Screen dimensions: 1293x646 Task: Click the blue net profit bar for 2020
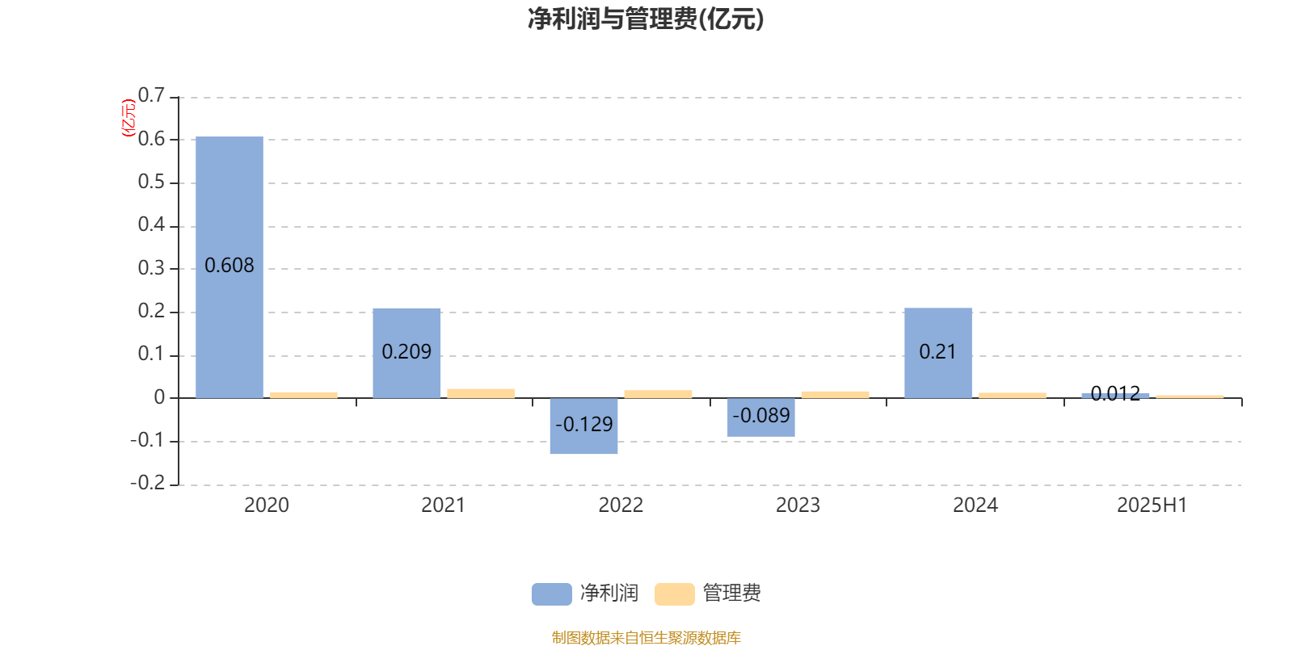tap(230, 267)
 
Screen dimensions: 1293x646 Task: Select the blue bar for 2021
tap(406, 353)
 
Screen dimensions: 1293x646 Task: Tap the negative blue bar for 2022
tap(583, 426)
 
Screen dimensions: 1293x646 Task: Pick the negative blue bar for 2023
tap(760, 417)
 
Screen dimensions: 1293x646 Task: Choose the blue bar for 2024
tap(938, 353)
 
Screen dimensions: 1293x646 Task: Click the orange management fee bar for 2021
tap(481, 393)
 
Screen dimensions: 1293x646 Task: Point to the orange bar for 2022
tap(658, 394)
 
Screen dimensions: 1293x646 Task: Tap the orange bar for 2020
tap(304, 395)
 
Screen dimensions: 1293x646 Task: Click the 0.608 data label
tap(230, 266)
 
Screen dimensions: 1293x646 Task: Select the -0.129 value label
tap(583, 425)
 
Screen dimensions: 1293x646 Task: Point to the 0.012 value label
tap(1115, 393)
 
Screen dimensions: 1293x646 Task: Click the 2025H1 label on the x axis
tap(1152, 505)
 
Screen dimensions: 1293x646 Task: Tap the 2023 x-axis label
tap(798, 505)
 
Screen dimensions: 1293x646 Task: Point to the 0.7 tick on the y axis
tap(151, 95)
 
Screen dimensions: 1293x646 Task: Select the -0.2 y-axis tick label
tap(147, 483)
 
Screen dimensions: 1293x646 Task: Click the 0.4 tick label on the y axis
tap(151, 224)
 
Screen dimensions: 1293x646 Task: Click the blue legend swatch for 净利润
tap(552, 594)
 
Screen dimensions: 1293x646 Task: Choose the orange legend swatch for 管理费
tap(674, 594)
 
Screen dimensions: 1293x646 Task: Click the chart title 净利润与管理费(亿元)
tap(646, 19)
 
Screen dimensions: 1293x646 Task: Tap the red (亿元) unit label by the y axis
tap(128, 118)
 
